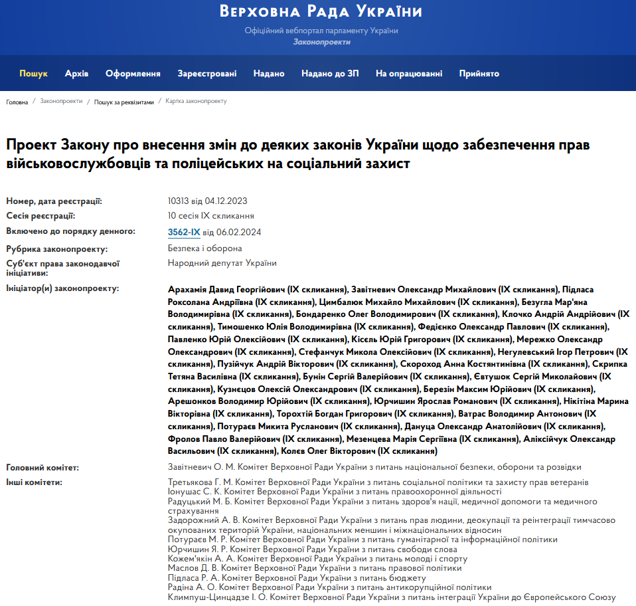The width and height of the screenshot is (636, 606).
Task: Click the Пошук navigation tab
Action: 33,74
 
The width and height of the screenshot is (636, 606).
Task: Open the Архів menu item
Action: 76,74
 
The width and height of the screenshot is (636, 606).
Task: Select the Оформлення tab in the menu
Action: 133,74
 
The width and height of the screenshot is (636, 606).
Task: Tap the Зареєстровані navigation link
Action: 207,74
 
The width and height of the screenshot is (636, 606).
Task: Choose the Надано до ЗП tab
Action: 330,74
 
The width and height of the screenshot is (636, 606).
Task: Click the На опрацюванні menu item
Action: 409,74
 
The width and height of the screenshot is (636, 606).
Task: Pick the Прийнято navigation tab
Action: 479,74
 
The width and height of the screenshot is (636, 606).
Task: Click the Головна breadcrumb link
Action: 17,102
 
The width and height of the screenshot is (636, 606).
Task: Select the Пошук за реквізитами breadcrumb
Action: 123,102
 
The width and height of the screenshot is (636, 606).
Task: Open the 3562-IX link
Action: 184,232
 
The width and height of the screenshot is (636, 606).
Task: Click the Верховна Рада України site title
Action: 321,12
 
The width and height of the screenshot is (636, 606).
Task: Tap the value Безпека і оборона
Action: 205,249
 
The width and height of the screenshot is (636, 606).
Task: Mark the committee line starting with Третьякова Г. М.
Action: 378,482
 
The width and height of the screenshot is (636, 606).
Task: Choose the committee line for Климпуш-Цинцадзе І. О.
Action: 392,597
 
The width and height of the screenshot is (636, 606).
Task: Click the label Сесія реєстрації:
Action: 40,216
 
